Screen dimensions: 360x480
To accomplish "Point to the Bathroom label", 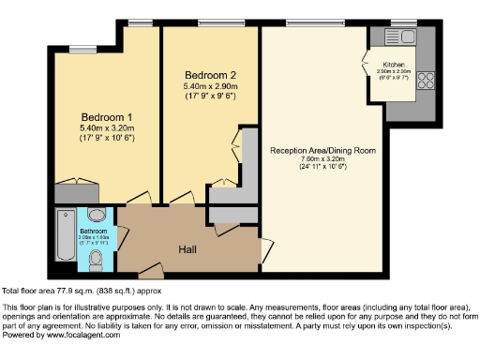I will click(93, 230).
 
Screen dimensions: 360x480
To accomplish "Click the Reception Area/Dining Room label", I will click(322, 150).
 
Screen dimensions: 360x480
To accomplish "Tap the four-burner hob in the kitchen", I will click(424, 78).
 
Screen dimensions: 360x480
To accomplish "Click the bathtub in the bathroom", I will click(66, 234).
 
